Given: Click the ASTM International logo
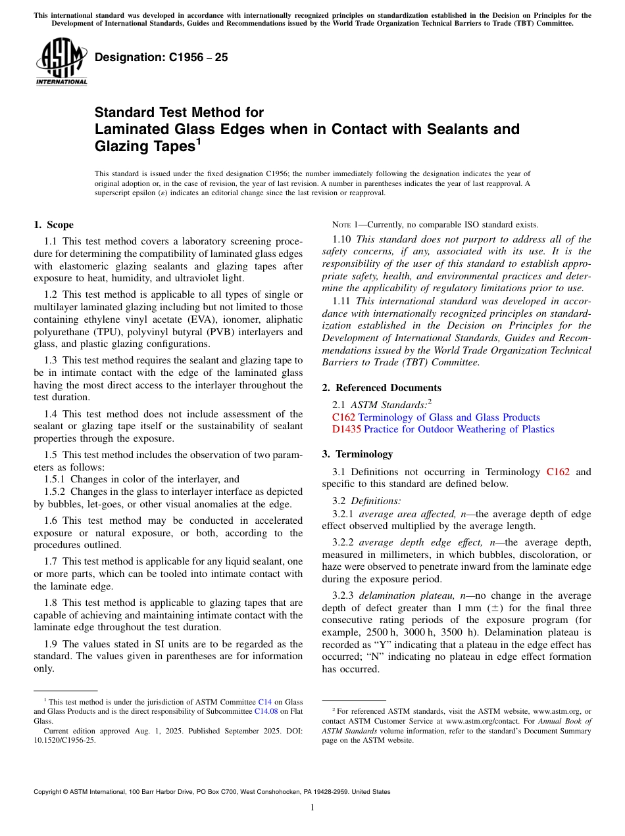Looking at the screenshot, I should pyautogui.click(x=61, y=62).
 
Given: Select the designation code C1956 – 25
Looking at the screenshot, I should pyautogui.click(x=161, y=57).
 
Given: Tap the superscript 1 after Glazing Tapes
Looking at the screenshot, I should pyautogui.click(x=198, y=141).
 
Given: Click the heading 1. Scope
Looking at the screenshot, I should pyautogui.click(x=53, y=225).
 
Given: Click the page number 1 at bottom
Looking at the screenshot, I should pyautogui.click(x=312, y=808).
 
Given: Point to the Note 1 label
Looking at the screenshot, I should pyautogui.click(x=349, y=225).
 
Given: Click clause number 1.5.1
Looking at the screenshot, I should pyautogui.click(x=55, y=479).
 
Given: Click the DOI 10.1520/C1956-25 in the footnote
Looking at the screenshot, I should pyautogui.click(x=64, y=740).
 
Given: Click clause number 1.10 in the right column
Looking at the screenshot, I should pyautogui.click(x=343, y=239).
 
